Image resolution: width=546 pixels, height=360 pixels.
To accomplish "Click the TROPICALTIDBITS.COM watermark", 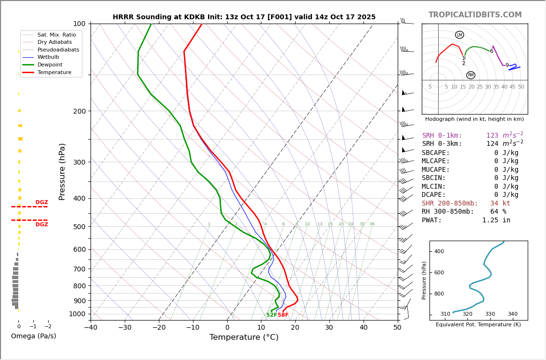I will click(475, 15).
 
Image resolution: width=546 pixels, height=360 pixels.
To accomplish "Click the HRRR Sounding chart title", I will click(244, 17).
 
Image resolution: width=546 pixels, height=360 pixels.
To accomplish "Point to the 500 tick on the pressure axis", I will click(79, 226).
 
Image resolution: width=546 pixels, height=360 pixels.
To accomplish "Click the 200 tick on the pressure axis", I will click(79, 111).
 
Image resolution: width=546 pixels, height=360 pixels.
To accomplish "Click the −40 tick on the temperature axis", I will click(91, 328).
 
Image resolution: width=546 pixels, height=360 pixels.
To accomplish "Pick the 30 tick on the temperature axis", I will click(329, 328).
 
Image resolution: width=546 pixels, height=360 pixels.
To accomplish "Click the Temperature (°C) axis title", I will click(244, 337).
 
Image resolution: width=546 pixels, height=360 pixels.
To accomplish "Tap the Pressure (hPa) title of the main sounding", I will click(62, 171).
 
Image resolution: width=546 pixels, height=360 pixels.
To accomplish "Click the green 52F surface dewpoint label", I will click(272, 315).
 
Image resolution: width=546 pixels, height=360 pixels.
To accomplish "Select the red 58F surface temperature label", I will click(283, 315).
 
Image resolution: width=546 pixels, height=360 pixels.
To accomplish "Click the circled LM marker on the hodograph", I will click(459, 35).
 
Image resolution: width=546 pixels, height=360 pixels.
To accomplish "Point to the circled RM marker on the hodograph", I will click(470, 75).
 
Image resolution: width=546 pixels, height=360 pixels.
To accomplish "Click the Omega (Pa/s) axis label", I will click(33, 336).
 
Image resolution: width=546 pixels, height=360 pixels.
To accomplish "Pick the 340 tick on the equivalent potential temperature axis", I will click(512, 314).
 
